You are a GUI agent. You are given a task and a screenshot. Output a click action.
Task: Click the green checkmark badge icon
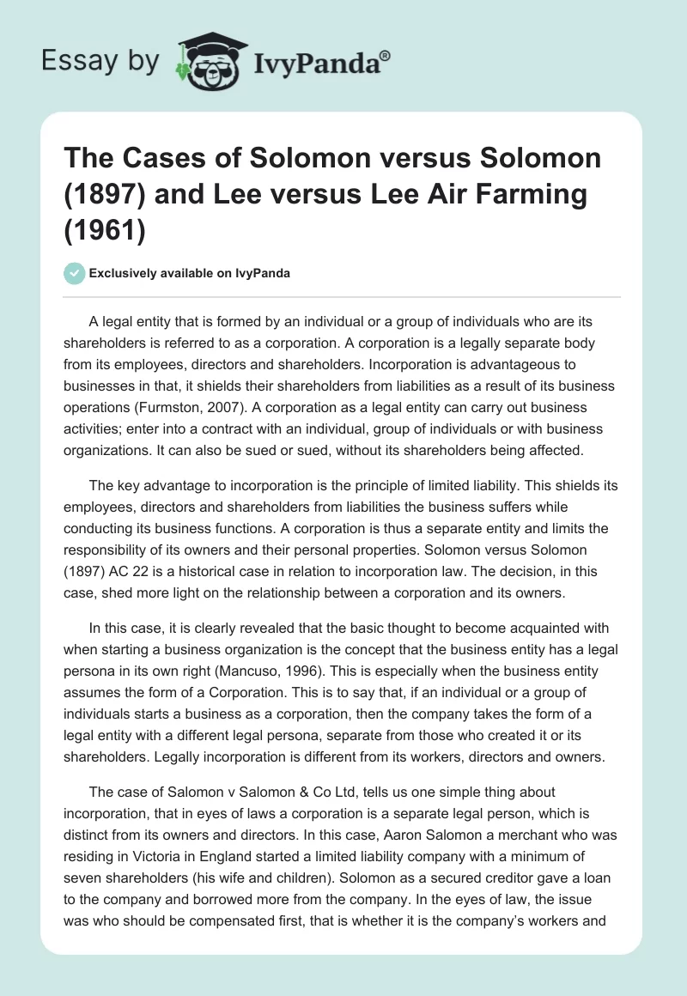(75, 273)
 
